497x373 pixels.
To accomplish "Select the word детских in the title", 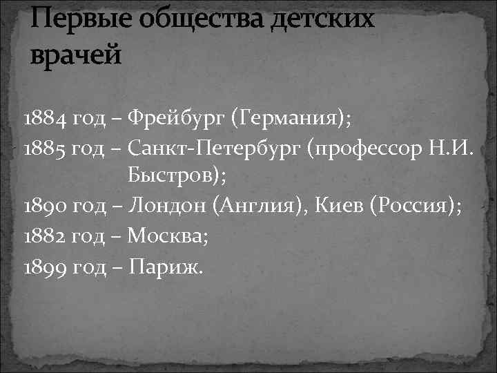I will pos(324,20).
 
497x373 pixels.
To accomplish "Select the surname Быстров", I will pos(177,178).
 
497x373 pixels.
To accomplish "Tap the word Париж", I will pos(166,267).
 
